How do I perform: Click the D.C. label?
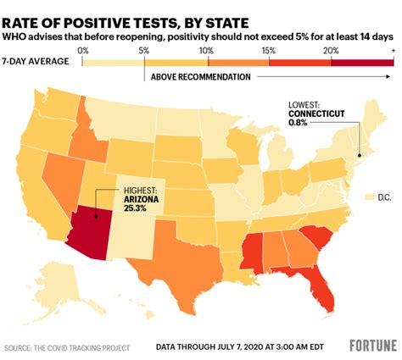(382, 197)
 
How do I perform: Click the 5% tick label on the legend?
(144, 52)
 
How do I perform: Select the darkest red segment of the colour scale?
(362, 62)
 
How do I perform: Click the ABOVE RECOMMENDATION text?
(200, 77)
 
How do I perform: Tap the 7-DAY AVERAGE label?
(35, 62)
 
